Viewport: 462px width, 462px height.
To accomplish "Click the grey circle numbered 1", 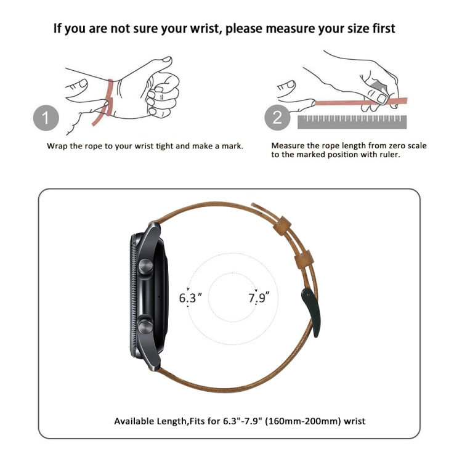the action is pyautogui.click(x=46, y=118).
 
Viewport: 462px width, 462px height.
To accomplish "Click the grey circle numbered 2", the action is pyautogui.click(x=277, y=117).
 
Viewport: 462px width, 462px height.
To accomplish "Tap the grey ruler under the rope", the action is pyautogui.click(x=352, y=122).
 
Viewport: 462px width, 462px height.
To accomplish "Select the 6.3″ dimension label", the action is pyautogui.click(x=190, y=298).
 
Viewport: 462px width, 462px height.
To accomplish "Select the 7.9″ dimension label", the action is pyautogui.click(x=259, y=298).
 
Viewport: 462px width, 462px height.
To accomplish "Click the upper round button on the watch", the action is pyautogui.click(x=146, y=266).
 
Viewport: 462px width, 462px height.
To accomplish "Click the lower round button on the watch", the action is pyautogui.click(x=146, y=326).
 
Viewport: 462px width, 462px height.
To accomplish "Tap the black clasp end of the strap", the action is pyautogui.click(x=312, y=312).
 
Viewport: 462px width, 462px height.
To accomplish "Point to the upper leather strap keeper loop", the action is pyautogui.click(x=282, y=225).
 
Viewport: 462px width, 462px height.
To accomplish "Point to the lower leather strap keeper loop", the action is pyautogui.click(x=304, y=259).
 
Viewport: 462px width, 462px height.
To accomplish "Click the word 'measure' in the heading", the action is pyautogui.click(x=290, y=29).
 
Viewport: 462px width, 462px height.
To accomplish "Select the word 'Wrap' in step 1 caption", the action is pyautogui.click(x=57, y=146).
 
